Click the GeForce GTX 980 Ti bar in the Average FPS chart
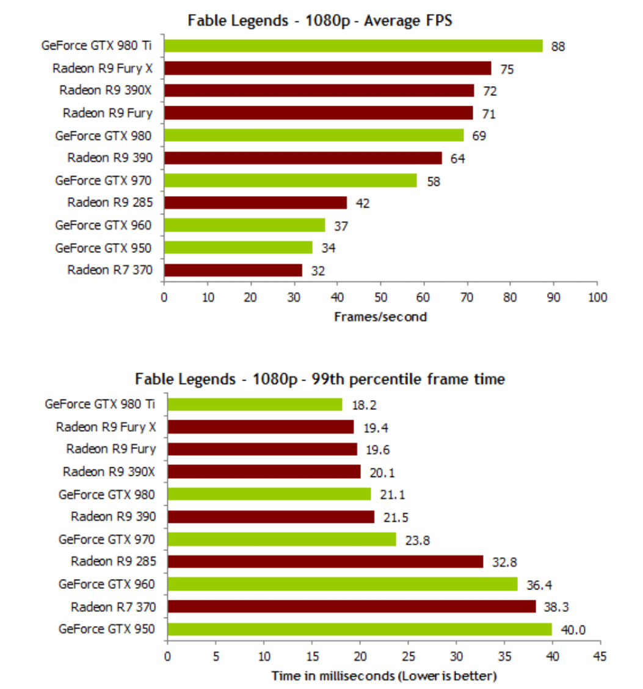pyautogui.click(x=353, y=46)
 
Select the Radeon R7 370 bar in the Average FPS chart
pyautogui.click(x=233, y=270)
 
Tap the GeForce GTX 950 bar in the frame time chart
pyautogui.click(x=359, y=629)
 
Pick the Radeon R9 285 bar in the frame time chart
pyautogui.click(x=325, y=561)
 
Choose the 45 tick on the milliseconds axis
pyautogui.click(x=600, y=657)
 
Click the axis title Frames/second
pyautogui.click(x=380, y=316)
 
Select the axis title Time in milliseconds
pyautogui.click(x=384, y=676)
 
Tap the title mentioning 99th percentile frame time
pyautogui.click(x=321, y=379)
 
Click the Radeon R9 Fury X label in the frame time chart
pyautogui.click(x=106, y=427)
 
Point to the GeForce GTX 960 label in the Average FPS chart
pyautogui.click(x=103, y=225)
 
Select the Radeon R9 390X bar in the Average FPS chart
pyautogui.click(x=319, y=90)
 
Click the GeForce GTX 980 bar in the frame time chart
pyautogui.click(x=269, y=494)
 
